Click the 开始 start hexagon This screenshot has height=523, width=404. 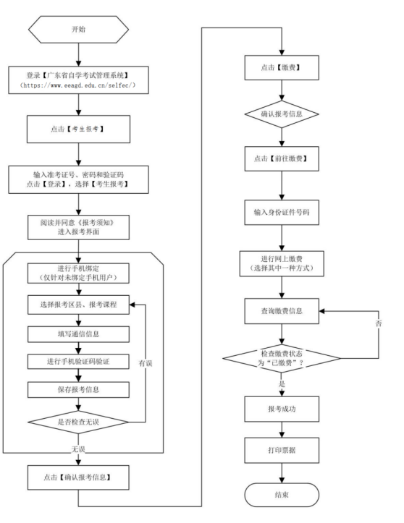tap(78, 30)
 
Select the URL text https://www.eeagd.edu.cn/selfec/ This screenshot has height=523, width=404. tap(78, 85)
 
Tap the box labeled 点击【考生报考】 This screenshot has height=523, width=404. tap(78, 129)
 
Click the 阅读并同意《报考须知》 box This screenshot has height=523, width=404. tap(78, 227)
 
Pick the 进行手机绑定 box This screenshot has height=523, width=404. tap(78, 273)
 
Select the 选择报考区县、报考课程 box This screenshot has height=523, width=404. tap(78, 305)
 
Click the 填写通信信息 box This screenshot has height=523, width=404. tap(78, 334)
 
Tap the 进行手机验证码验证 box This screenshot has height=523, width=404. tap(78, 362)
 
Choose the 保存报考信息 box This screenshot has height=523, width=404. tap(78, 390)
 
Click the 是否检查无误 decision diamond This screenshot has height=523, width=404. tap(78, 422)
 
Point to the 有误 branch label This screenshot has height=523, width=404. tap(146, 363)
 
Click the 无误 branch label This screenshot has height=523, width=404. tap(78, 449)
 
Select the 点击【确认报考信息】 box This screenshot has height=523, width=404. tap(78, 477)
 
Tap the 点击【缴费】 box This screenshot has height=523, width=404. tap(282, 68)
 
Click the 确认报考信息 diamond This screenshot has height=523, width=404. tap(282, 114)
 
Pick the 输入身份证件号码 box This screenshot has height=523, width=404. tap(282, 212)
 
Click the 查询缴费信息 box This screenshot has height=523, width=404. tap(282, 311)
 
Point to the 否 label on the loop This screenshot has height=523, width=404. tap(379, 323)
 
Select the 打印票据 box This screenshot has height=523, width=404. tap(282, 450)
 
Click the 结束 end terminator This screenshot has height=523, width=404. tap(282, 495)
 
